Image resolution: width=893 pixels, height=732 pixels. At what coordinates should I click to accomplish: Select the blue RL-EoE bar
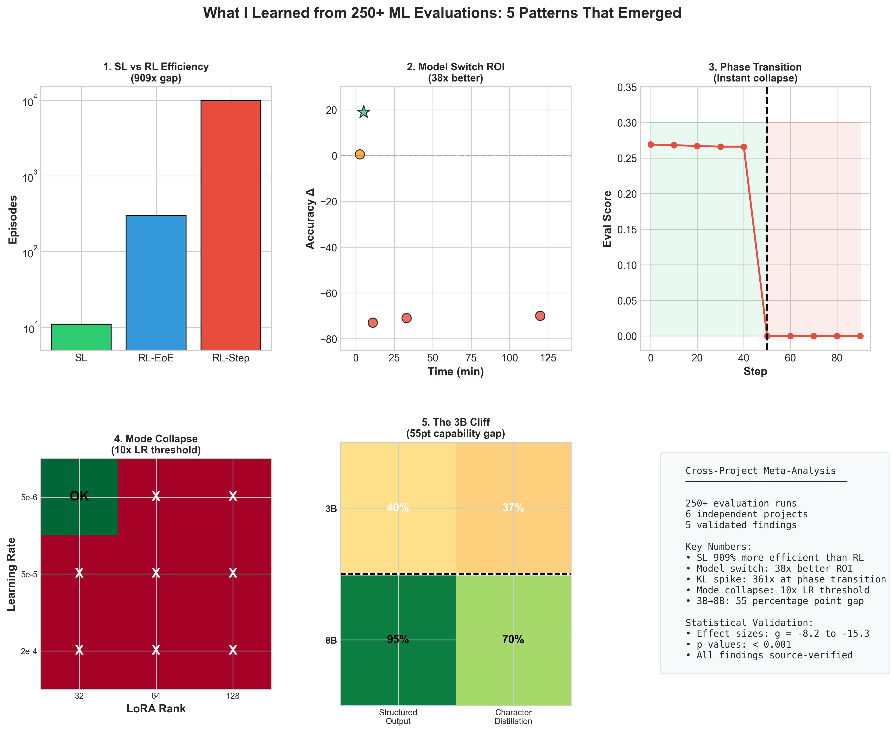pos(156,283)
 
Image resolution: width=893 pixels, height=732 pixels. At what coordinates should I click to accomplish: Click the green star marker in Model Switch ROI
pos(364,112)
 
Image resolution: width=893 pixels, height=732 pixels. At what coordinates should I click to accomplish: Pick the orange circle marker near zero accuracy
pos(359,154)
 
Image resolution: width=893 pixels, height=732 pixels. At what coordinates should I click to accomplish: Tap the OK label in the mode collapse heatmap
pos(79,496)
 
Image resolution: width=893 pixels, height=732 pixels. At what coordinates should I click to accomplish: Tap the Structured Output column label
pos(398,716)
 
